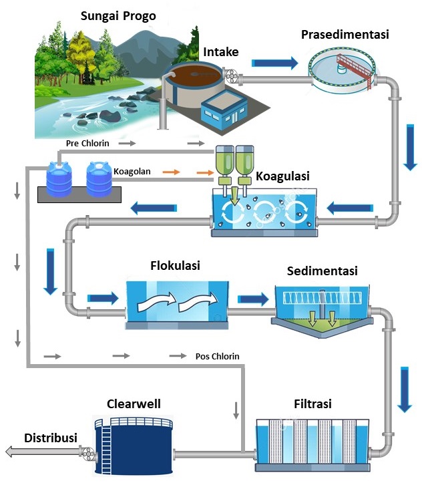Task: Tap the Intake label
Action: click(220, 52)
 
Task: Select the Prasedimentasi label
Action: click(345, 34)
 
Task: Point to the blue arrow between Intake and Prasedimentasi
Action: click(274, 63)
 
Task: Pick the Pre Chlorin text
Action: click(87, 143)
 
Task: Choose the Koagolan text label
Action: click(132, 172)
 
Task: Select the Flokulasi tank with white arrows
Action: click(176, 304)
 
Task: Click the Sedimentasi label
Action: click(322, 271)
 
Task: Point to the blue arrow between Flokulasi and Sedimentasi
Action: click(251, 299)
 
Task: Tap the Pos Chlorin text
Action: click(217, 356)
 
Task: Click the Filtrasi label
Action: click(312, 404)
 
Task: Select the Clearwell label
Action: click(134, 403)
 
